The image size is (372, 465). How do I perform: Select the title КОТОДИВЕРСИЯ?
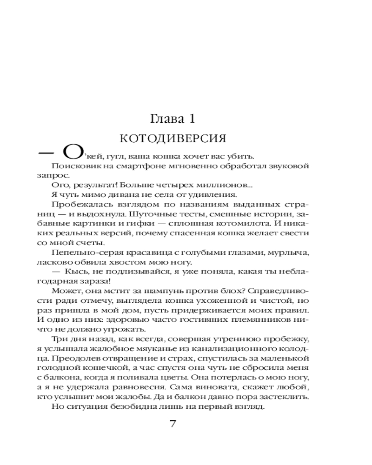pos(173,139)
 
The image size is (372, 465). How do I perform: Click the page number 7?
pos(173,424)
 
